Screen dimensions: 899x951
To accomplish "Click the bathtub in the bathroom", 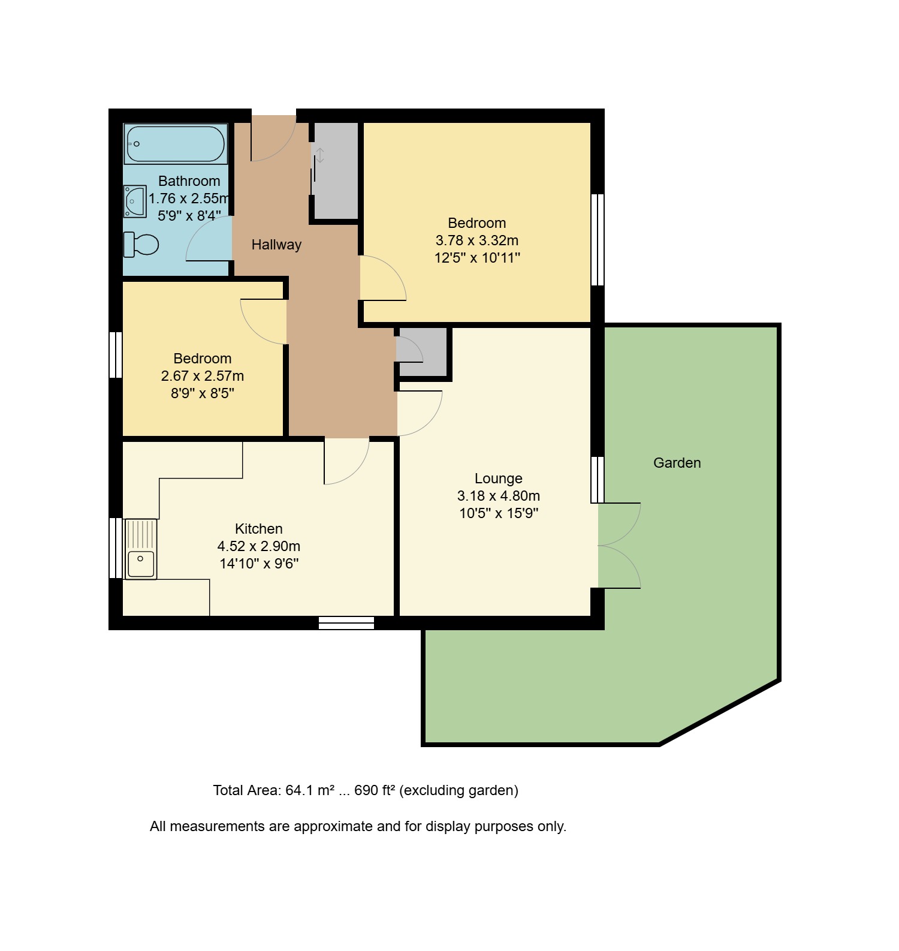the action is click(176, 144).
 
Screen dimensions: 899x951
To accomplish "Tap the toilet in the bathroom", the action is click(141, 245).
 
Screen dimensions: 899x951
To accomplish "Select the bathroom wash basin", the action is click(135, 201).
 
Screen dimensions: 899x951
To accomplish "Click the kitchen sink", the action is click(141, 549).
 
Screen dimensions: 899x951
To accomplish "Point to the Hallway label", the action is click(276, 245).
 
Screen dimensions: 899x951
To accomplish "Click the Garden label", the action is click(677, 463).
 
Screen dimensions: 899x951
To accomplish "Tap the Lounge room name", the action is click(499, 478).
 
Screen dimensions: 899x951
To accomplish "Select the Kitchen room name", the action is click(259, 529).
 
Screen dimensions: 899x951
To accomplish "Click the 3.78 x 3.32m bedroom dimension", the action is click(477, 240).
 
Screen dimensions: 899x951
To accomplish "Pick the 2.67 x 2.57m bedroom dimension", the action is click(203, 376).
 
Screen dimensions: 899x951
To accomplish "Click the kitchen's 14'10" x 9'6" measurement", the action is click(259, 564).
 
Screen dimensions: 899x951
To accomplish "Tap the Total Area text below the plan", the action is click(366, 790).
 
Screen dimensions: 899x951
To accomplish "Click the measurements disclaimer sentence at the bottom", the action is click(358, 826).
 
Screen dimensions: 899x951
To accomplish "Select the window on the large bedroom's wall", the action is click(598, 240).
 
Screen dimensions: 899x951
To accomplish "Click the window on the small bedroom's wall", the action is click(116, 355).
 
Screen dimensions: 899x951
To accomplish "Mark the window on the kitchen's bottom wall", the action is click(346, 623).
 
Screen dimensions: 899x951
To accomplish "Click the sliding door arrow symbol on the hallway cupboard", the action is click(321, 155).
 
